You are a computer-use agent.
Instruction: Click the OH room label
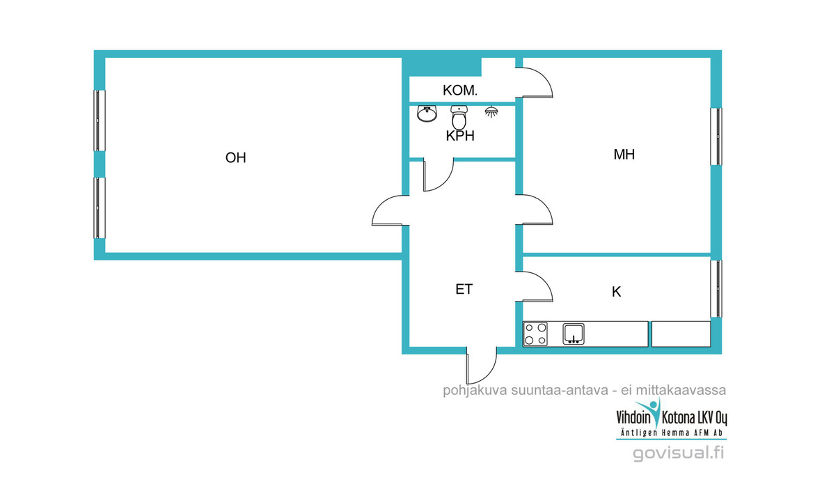click(x=235, y=157)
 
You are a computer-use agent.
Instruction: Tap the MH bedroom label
click(x=624, y=155)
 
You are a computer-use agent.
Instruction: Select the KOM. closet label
click(x=460, y=91)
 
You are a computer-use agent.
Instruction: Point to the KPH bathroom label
click(x=460, y=136)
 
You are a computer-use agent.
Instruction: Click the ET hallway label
click(x=464, y=290)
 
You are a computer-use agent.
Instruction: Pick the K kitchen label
click(x=617, y=292)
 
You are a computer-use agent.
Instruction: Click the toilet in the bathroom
click(x=459, y=117)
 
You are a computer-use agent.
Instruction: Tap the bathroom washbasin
click(x=427, y=114)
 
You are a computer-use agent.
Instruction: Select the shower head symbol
click(x=491, y=111)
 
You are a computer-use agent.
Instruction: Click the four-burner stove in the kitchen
click(x=535, y=334)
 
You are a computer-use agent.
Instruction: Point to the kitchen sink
click(x=574, y=334)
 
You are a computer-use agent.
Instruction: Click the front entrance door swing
click(x=482, y=366)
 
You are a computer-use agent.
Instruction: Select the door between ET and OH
click(x=390, y=210)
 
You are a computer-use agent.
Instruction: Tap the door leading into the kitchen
click(x=537, y=286)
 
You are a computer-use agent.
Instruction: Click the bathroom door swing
click(x=438, y=175)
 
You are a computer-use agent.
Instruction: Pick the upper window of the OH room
click(x=99, y=121)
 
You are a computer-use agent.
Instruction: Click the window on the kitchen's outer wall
click(x=716, y=288)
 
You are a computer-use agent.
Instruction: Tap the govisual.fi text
click(x=678, y=453)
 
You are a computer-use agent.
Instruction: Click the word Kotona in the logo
click(x=678, y=418)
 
